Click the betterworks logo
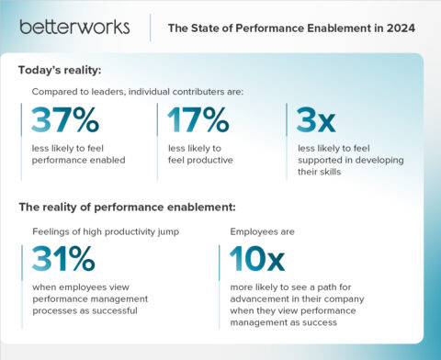[x=74, y=27]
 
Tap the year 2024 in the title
[x=401, y=28]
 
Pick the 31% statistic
[x=63, y=260]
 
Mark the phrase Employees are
[x=258, y=231]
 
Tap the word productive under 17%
[x=209, y=160]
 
